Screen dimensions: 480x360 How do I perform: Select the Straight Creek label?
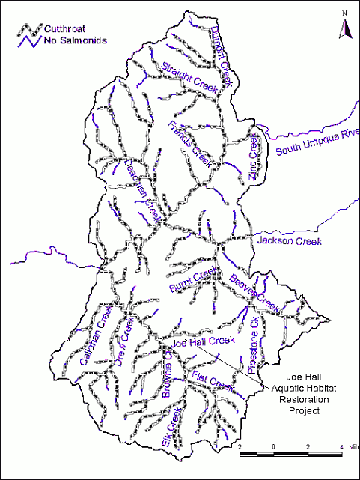(x=192, y=79)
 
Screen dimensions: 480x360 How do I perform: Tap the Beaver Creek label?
(x=254, y=294)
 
